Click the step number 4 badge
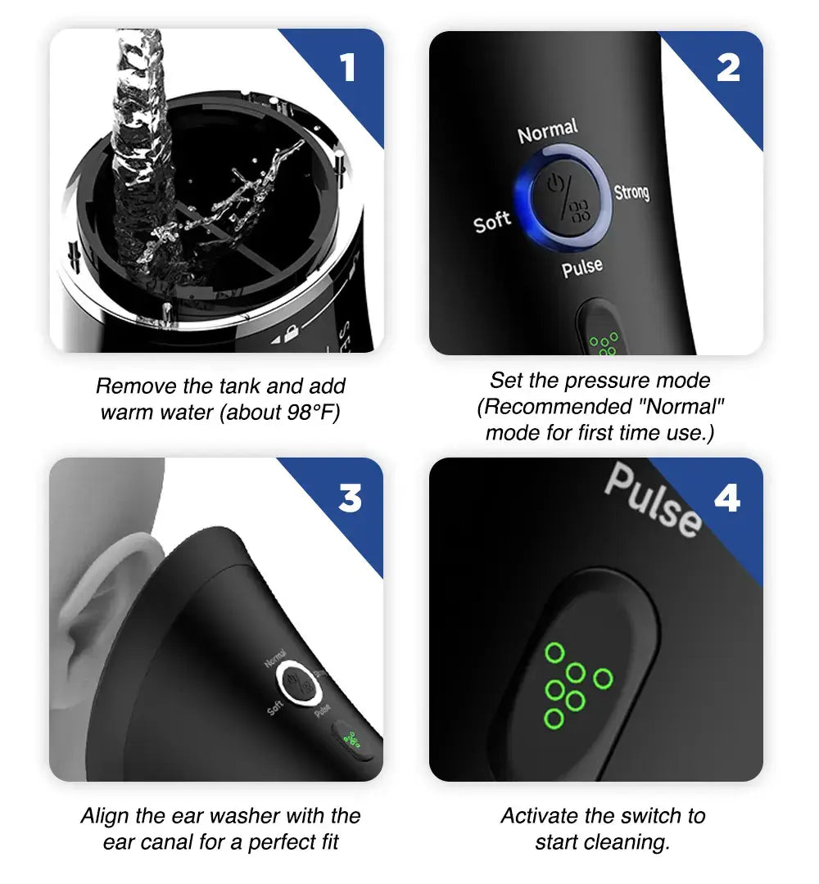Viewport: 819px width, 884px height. click(727, 497)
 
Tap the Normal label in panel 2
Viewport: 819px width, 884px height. click(548, 132)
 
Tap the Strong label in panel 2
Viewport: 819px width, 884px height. click(631, 192)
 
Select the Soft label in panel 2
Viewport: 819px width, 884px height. click(491, 221)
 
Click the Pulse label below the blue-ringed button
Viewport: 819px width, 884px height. click(582, 268)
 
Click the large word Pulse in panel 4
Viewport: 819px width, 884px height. click(653, 498)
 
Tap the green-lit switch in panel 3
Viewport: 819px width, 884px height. click(353, 740)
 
